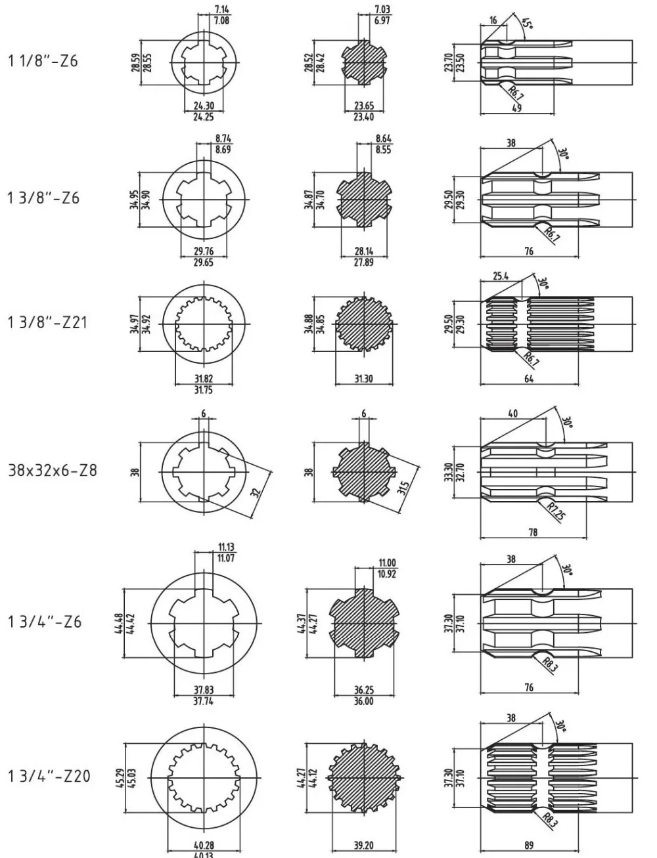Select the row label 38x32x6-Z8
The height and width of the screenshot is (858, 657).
pos(52,471)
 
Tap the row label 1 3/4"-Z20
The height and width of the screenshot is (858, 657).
pos(49,776)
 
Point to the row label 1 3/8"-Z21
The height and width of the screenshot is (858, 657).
pos(46,323)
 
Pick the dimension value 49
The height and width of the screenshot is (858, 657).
pos(517,108)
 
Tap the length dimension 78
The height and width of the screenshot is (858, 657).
pos(533,532)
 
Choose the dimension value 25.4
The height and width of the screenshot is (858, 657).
pos(501,276)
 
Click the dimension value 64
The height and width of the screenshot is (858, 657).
pos(529,379)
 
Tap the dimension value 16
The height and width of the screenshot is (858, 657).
pos(493,20)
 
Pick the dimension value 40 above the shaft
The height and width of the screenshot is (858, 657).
pos(512,414)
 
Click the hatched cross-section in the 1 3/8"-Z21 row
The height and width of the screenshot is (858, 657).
pos(364,325)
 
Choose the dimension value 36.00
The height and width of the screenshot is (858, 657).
pos(363,701)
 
